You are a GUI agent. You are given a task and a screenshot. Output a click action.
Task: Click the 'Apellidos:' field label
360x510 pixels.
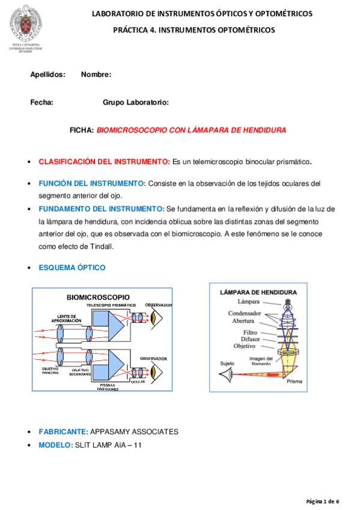point(47,75)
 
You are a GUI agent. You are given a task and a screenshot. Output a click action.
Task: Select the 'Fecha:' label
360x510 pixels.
point(41,102)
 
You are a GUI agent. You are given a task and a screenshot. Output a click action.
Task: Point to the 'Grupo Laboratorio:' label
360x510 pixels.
point(136,102)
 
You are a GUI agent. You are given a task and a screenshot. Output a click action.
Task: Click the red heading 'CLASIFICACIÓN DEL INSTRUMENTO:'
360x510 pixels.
point(104,162)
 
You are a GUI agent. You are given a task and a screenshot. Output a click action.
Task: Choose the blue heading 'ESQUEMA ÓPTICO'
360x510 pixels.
point(72,267)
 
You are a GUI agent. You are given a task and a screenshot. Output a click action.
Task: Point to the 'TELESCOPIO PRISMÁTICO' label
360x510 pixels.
point(111,306)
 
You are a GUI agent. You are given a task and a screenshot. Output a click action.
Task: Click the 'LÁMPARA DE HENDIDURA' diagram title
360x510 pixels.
point(258,292)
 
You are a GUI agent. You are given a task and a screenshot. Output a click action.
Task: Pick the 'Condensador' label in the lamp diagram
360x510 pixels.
point(244,313)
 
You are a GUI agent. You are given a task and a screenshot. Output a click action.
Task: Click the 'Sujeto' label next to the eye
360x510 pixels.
point(227,363)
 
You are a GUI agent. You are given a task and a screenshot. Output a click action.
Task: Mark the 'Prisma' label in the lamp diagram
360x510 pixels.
point(294,381)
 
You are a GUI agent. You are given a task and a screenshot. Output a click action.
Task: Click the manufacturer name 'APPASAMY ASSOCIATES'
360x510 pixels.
point(134,432)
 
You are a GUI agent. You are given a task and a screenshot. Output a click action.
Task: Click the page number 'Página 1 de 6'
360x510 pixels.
point(323,501)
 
